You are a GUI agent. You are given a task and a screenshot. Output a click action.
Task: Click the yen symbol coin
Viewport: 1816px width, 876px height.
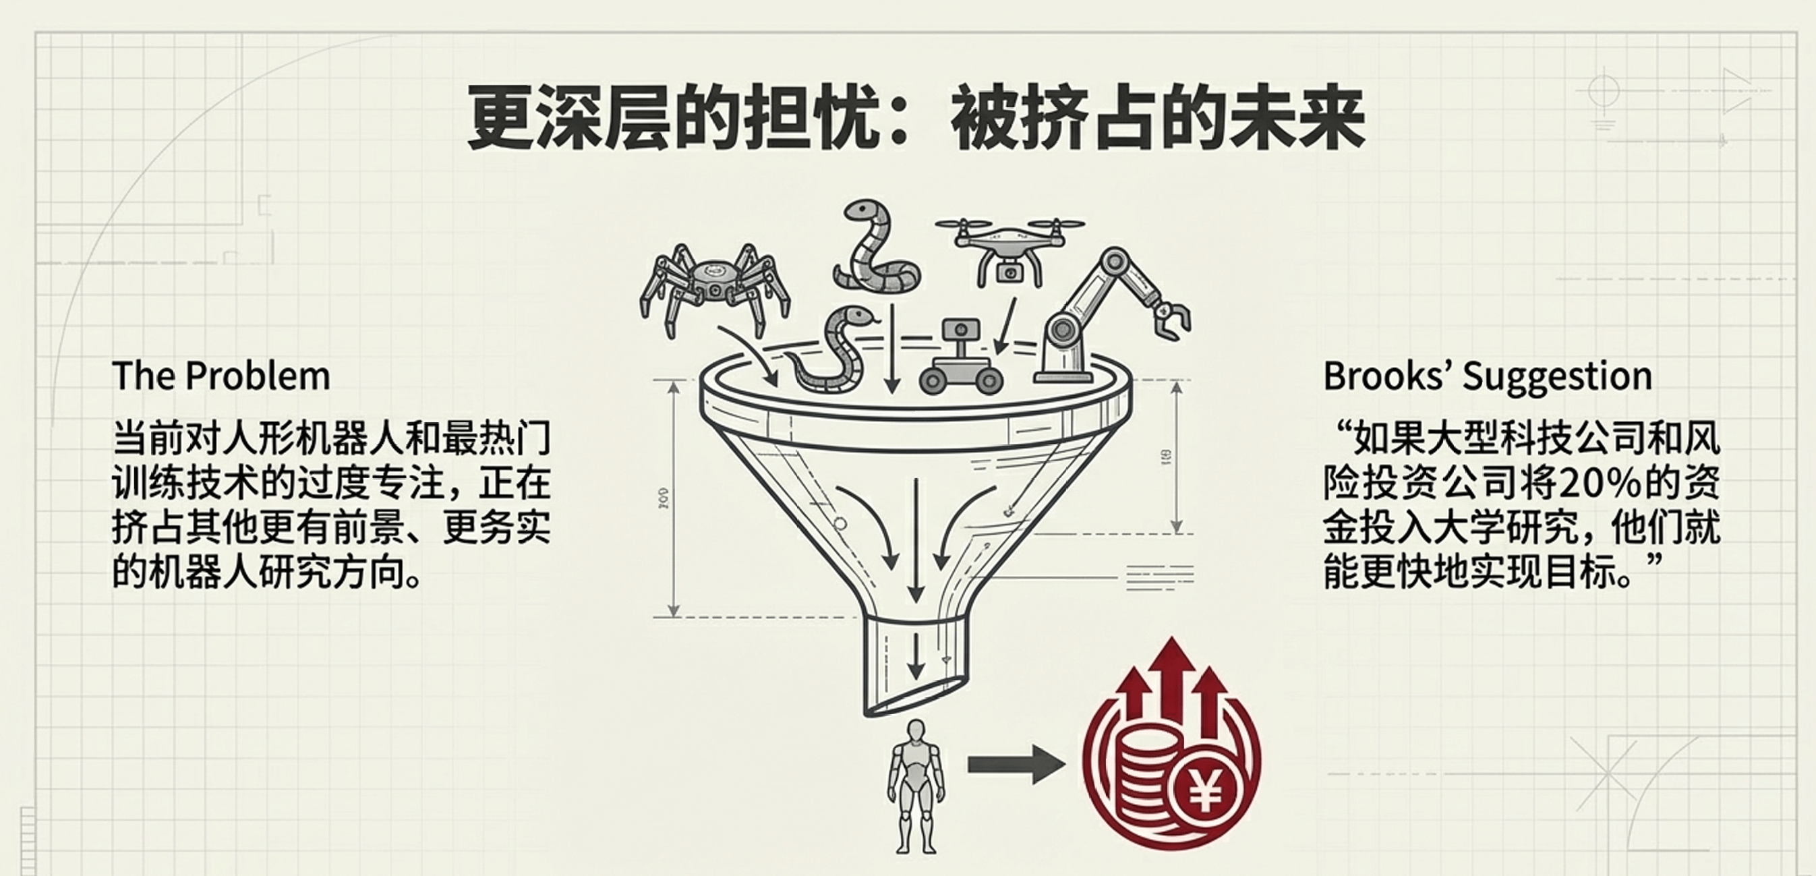point(1205,795)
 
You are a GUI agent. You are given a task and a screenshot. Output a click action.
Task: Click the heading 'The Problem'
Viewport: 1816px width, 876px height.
point(221,376)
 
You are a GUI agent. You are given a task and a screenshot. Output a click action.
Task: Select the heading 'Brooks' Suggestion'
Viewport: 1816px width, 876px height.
point(1488,376)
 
